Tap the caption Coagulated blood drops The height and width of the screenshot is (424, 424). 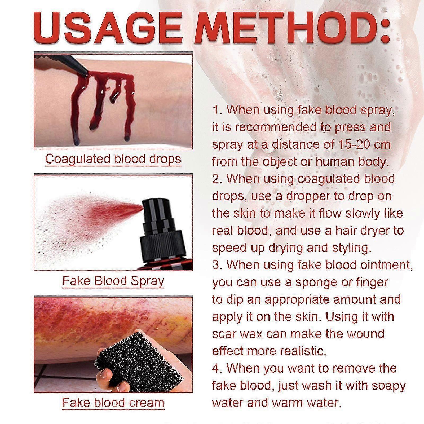click(x=113, y=159)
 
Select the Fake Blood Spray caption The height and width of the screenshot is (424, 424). click(x=113, y=281)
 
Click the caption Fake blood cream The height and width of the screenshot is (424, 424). click(x=113, y=403)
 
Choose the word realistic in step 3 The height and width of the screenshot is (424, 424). click(x=298, y=351)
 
